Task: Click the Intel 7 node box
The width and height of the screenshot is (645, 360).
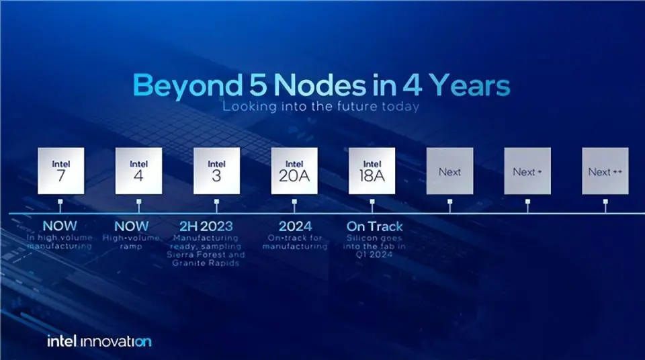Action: click(61, 171)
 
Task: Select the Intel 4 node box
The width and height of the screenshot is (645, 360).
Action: click(138, 171)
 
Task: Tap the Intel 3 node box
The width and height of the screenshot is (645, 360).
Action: click(217, 171)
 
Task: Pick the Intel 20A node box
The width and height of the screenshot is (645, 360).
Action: click(294, 171)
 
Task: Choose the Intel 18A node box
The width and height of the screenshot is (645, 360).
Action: click(372, 171)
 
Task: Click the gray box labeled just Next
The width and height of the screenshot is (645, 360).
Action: click(449, 171)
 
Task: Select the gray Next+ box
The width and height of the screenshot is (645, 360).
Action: click(527, 171)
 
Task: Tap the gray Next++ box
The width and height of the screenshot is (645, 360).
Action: click(605, 171)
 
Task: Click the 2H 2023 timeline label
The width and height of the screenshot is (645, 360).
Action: click(206, 226)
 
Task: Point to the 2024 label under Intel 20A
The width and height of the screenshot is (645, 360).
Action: click(296, 226)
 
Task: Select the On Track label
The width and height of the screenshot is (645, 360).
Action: click(374, 226)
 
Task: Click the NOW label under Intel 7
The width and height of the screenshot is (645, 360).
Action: click(60, 226)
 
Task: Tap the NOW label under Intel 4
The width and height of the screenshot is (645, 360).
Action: click(131, 226)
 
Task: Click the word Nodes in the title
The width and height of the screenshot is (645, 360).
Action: click(320, 85)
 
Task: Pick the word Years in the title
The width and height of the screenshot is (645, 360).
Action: click(470, 85)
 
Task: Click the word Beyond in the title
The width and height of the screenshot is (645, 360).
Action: click(187, 86)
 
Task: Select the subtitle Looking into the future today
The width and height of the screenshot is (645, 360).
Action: click(321, 107)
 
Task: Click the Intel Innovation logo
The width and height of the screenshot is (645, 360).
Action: click(99, 341)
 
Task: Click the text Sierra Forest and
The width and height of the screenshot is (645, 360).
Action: click(206, 255)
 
